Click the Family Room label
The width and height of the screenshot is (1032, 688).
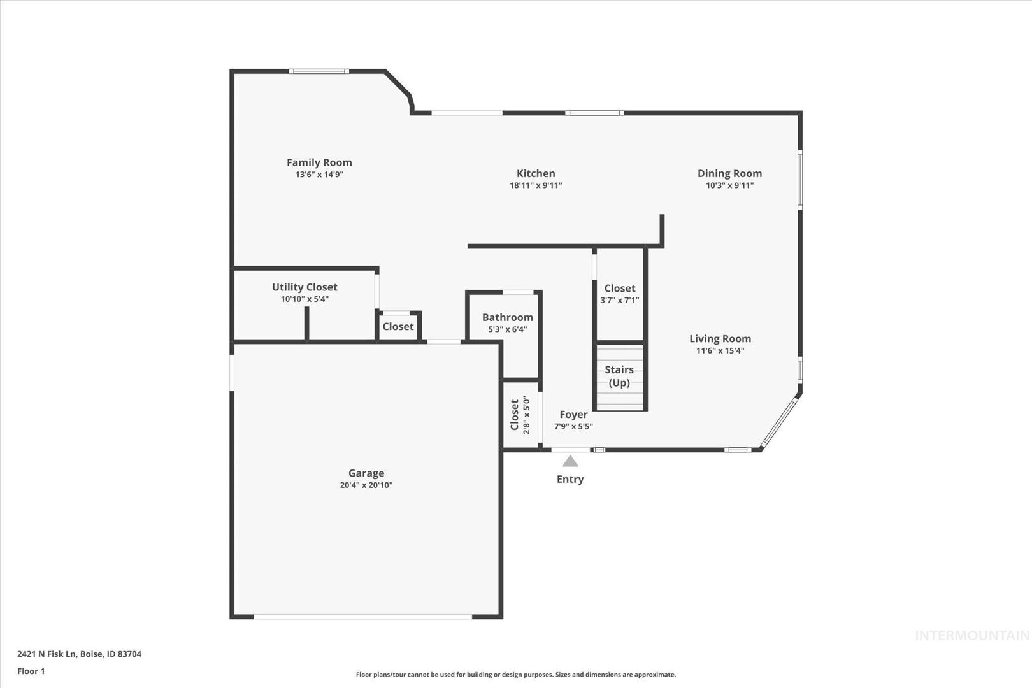319,162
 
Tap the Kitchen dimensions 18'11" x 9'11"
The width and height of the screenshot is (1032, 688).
536,185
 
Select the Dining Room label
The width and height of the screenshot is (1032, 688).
730,173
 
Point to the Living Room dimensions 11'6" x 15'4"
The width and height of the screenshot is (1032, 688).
720,350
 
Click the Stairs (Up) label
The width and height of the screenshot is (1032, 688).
619,376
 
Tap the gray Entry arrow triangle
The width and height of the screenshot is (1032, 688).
570,461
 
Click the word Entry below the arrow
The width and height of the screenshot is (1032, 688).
570,479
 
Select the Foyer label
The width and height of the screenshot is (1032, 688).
573,414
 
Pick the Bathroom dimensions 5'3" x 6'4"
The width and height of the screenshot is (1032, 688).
508,329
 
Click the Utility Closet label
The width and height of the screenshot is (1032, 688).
305,287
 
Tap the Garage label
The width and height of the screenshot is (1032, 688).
366,473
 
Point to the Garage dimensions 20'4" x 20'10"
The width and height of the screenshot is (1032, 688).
366,485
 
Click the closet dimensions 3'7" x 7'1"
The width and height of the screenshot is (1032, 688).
620,301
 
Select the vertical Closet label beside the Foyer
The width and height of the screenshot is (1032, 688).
515,415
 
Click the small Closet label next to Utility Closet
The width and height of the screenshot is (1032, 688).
398,326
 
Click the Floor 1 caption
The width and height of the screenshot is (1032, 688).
31,671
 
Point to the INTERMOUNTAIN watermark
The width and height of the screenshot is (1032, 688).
972,636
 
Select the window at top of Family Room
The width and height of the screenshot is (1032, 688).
319,71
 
